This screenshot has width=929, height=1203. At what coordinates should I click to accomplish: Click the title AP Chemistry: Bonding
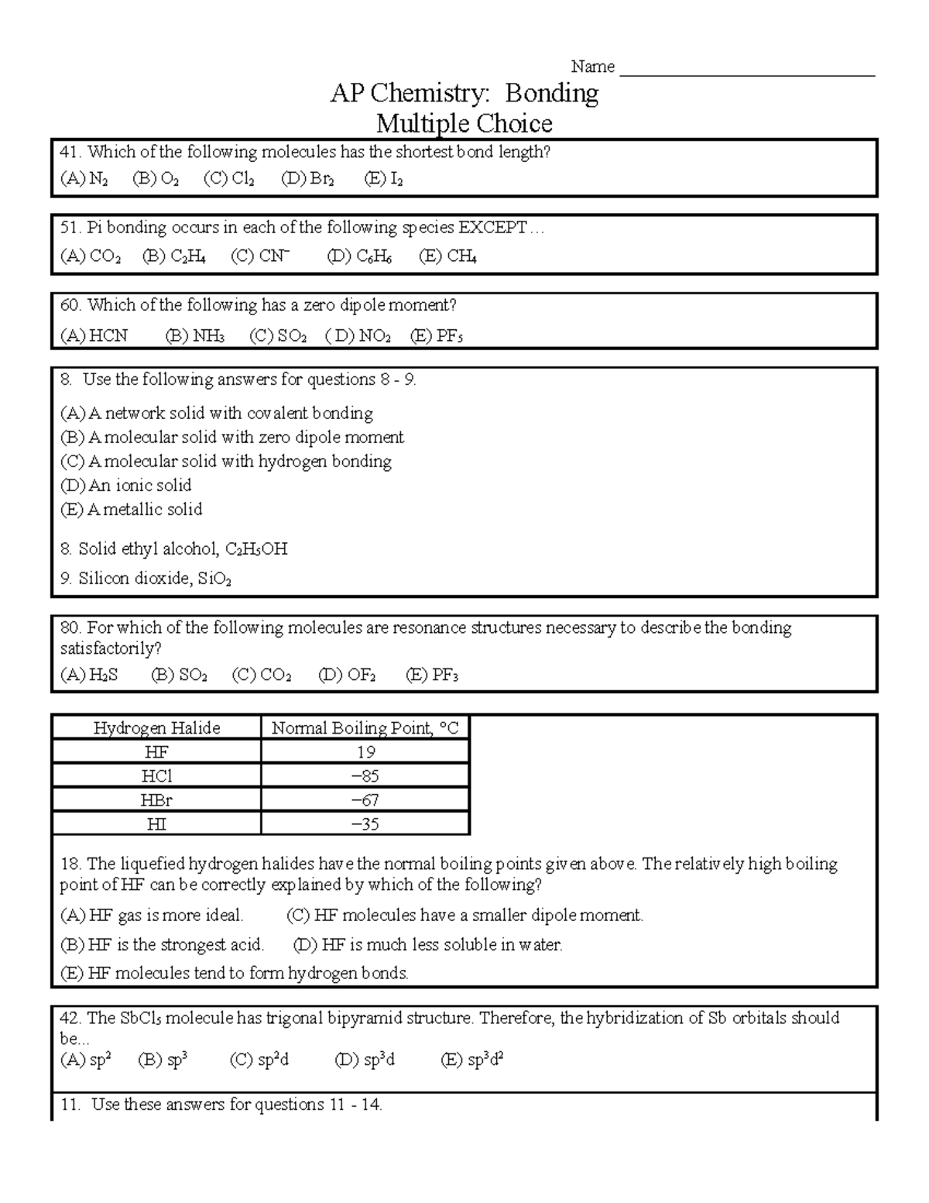(464, 94)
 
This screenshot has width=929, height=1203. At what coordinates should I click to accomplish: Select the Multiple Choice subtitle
(464, 123)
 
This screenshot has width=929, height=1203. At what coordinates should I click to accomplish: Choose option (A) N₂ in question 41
(84, 179)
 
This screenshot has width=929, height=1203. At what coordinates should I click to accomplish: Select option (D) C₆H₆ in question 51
(359, 256)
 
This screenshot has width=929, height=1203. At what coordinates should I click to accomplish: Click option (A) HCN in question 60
(94, 335)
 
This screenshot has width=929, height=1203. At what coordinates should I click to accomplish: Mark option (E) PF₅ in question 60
(437, 335)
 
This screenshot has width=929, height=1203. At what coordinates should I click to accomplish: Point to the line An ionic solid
(125, 486)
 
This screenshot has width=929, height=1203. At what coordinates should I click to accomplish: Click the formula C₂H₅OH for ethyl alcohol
(256, 549)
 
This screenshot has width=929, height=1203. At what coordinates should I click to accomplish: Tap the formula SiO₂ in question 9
(214, 579)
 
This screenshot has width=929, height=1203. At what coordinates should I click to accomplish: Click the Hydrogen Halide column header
(156, 728)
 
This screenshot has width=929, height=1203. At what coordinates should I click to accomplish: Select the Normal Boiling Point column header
(365, 728)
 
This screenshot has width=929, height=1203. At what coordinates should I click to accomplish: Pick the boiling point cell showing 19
(365, 752)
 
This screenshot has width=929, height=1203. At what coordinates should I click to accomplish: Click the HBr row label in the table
(156, 800)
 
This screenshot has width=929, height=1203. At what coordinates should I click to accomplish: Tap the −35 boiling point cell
(365, 824)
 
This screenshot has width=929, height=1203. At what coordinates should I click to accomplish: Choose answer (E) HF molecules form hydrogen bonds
(234, 973)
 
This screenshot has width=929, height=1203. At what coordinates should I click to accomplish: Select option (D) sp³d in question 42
(365, 1060)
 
